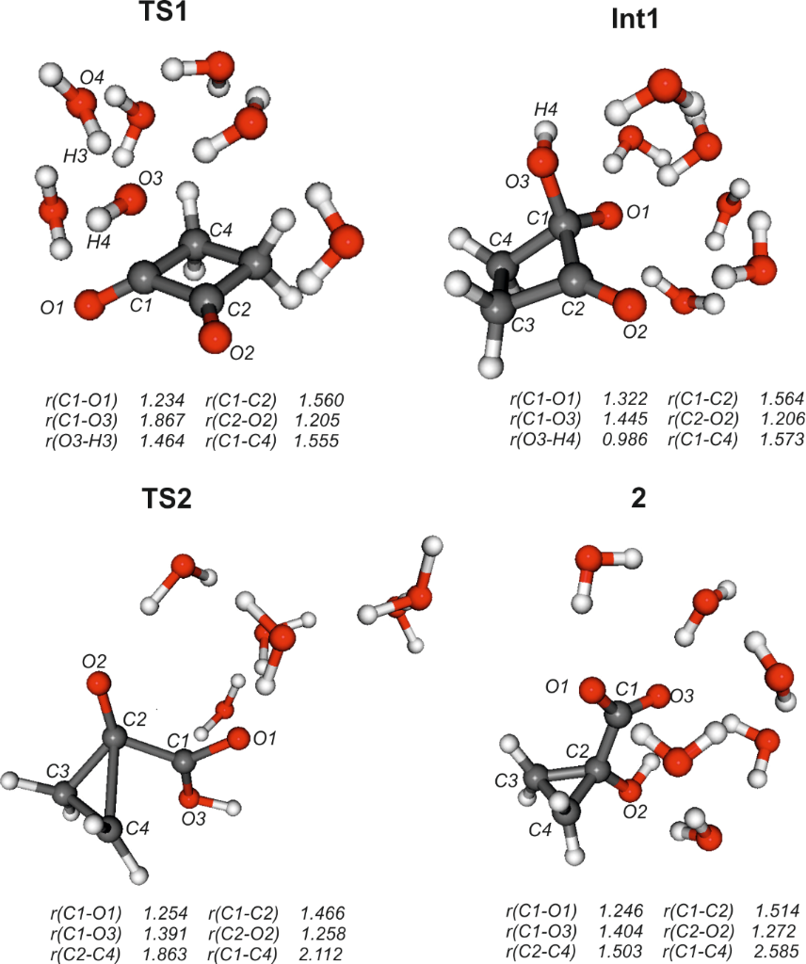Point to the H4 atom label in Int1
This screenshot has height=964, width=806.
[x=546, y=110]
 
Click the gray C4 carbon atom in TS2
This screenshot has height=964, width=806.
[x=109, y=827]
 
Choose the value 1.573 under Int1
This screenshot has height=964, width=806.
[x=781, y=440]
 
